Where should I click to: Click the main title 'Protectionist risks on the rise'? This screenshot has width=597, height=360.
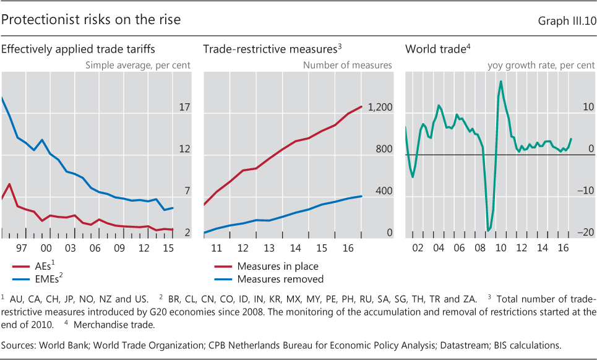(x=91, y=20)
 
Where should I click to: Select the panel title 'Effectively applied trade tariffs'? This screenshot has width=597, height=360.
(x=77, y=49)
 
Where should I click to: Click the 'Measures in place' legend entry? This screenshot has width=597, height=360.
(x=277, y=267)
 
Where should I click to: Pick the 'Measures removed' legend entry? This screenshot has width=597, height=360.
(x=280, y=279)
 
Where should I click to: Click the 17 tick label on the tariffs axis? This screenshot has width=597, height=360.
(x=184, y=108)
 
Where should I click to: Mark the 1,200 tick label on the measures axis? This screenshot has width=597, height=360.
(x=380, y=108)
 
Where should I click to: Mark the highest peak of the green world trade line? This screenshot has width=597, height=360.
(x=500, y=82)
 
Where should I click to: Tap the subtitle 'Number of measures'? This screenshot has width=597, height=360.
(x=347, y=64)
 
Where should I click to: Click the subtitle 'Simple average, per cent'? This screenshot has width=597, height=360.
(x=137, y=64)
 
